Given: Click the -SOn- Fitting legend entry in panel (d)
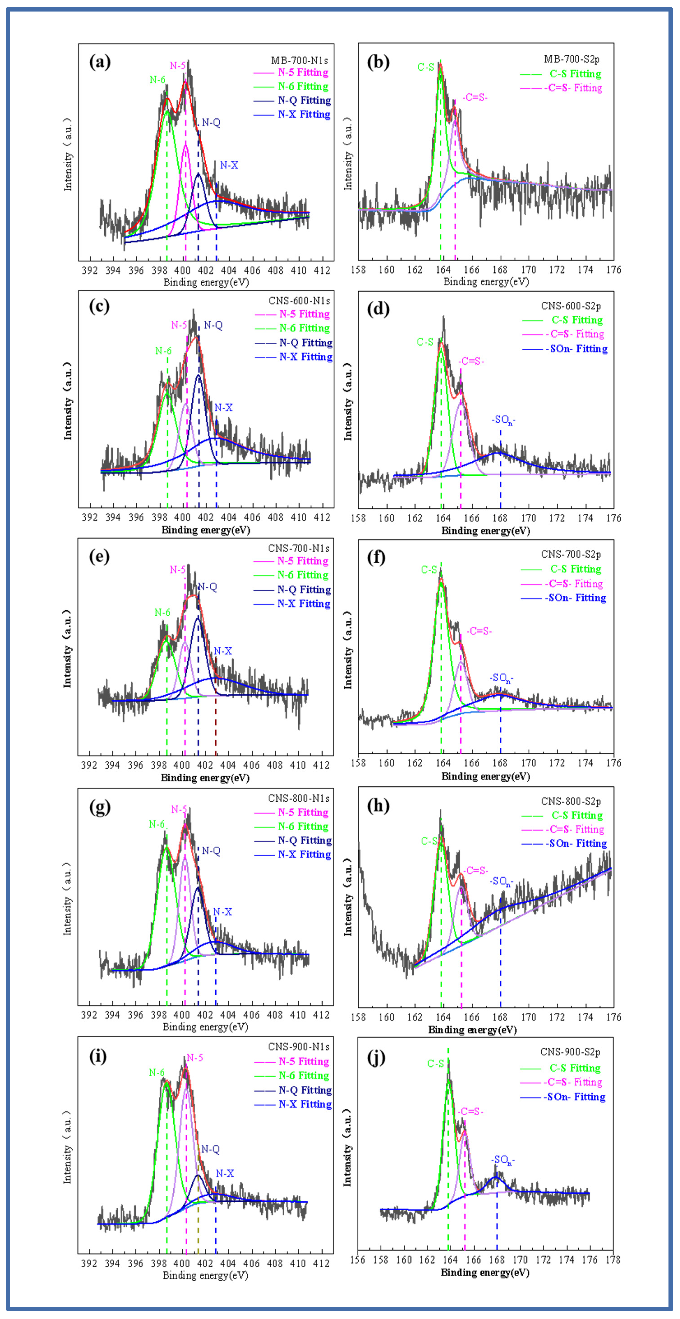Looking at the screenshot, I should tap(576, 349).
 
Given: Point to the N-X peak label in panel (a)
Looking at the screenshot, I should tap(229, 165).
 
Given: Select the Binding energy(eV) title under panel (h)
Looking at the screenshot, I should tap(472, 1030).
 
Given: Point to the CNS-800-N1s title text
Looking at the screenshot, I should tap(299, 798).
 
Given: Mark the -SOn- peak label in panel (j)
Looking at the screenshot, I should tap(503, 1160).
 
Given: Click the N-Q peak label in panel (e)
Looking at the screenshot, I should tap(207, 587).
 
